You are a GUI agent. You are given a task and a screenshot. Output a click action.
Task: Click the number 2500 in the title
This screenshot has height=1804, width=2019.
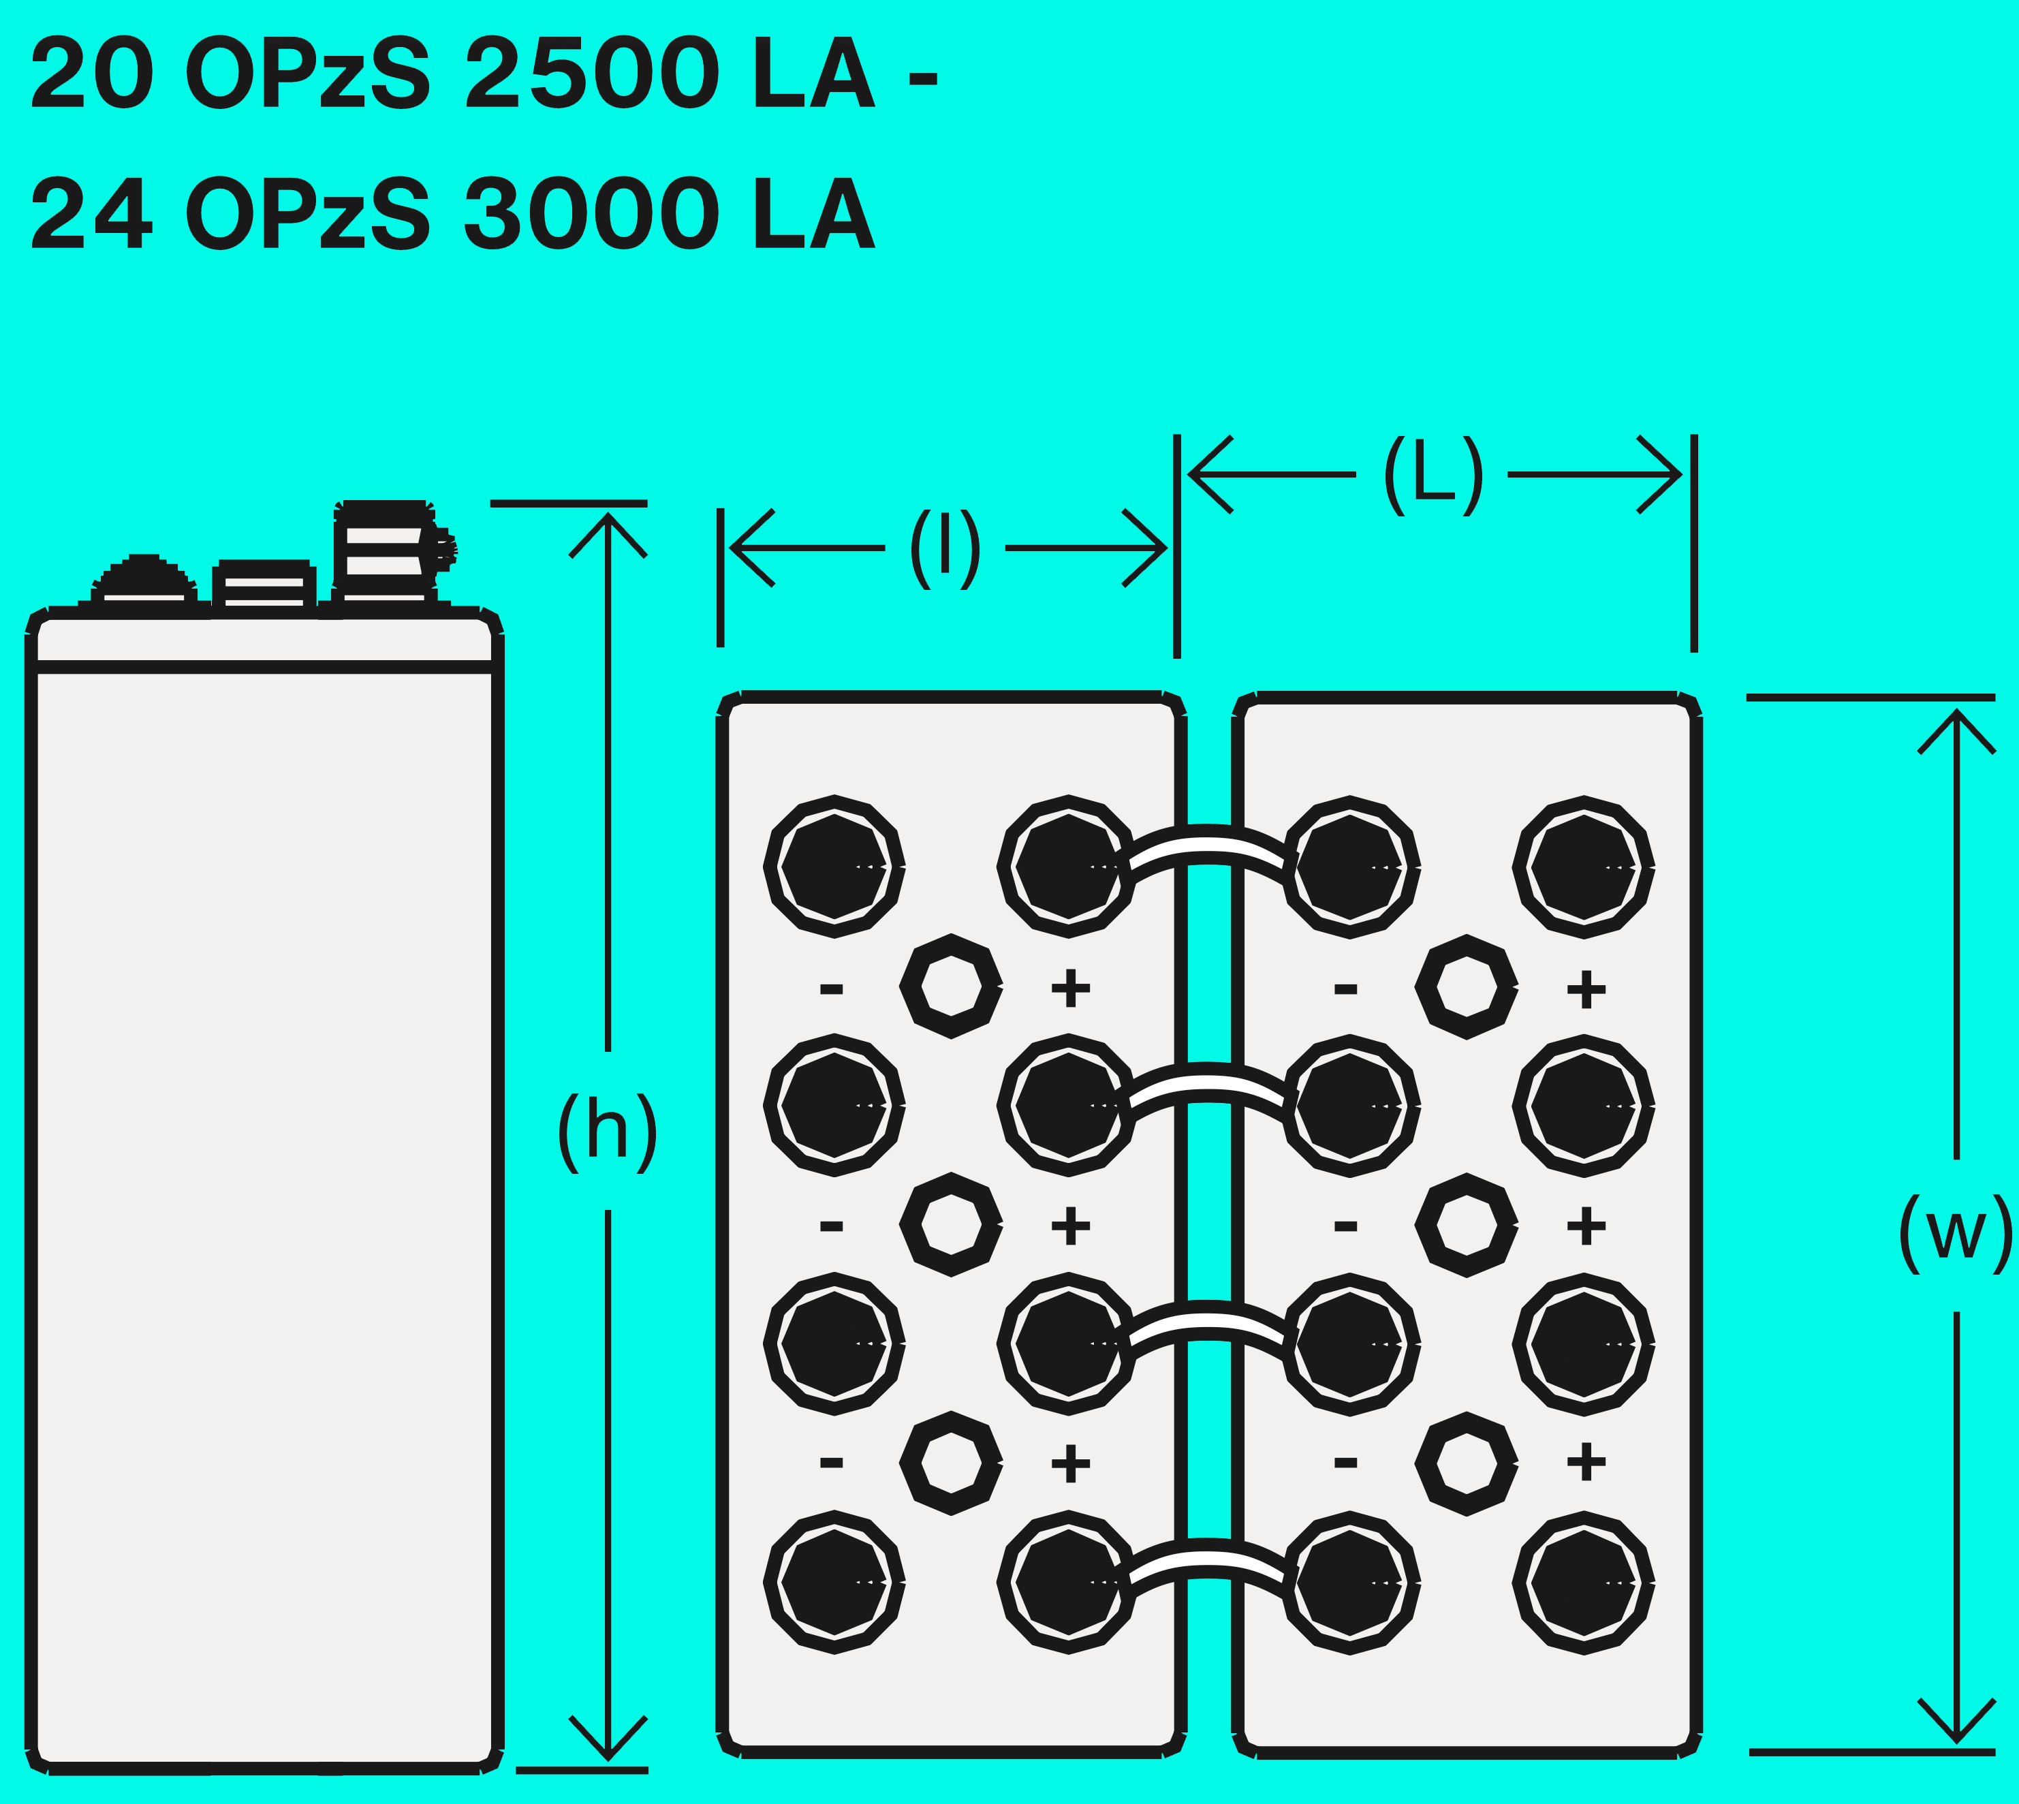pyautogui.click(x=592, y=74)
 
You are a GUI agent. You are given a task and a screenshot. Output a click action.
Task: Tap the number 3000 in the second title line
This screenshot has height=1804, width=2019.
pyautogui.click(x=592, y=214)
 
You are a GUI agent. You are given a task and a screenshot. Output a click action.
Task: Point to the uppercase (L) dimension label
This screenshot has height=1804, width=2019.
pyautogui.click(x=1433, y=475)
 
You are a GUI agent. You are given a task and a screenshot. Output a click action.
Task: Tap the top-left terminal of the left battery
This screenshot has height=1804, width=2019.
pyautogui.click(x=834, y=867)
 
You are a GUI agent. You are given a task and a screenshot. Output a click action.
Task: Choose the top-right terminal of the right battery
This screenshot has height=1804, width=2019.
pyautogui.click(x=1584, y=867)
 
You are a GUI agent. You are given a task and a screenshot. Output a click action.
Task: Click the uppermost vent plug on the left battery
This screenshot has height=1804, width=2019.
pyautogui.click(x=950, y=986)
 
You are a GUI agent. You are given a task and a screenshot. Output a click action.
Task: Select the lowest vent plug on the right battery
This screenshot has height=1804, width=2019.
pyautogui.click(x=1466, y=1463)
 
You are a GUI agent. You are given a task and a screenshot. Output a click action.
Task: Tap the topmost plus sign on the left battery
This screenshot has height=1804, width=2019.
pyautogui.click(x=1070, y=989)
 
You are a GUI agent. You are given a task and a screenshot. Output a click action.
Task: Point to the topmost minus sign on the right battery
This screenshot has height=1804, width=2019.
pyautogui.click(x=1345, y=989)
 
